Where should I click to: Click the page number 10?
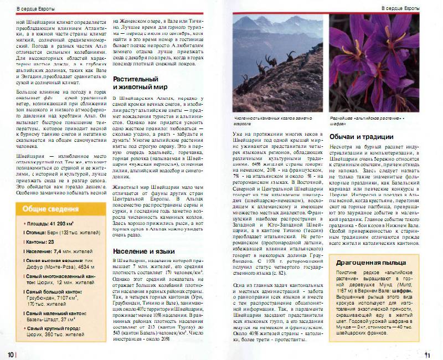pos(10,354)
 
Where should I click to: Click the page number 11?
pos(426,354)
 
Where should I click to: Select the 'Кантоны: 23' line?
pos(38,242)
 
